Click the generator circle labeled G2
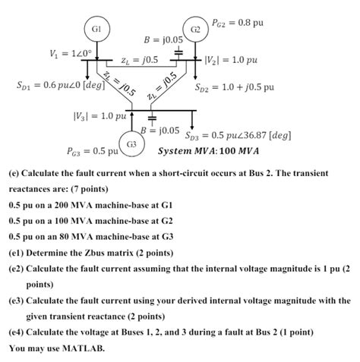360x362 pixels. click(x=195, y=29)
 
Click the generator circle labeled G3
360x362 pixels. click(x=131, y=143)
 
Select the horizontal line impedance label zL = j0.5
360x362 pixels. click(x=139, y=59)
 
